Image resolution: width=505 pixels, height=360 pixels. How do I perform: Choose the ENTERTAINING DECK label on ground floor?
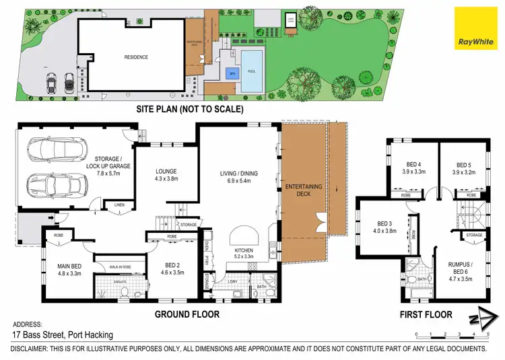coord(301,190)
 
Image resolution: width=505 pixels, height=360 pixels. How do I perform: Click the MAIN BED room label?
coord(69,270)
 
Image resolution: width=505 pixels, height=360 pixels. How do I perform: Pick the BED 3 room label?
coord(384,227)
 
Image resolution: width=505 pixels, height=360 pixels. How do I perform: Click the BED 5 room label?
coord(463,168)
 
